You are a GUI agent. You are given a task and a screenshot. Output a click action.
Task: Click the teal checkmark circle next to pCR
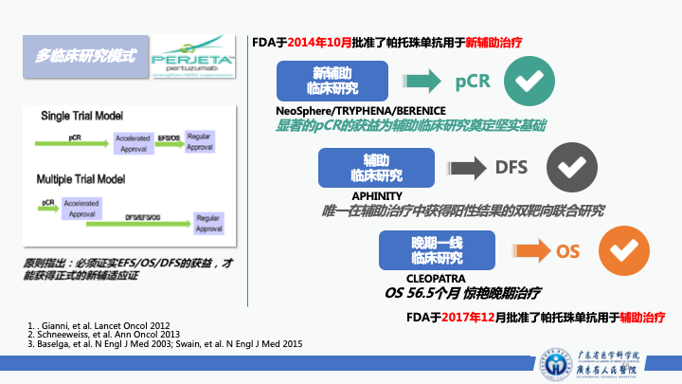click(x=529, y=81)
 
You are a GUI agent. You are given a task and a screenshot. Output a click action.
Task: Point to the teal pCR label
click(x=472, y=81)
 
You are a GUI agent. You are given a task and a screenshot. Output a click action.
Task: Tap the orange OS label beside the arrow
click(x=567, y=250)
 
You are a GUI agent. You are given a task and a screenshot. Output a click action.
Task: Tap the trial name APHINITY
click(x=377, y=195)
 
